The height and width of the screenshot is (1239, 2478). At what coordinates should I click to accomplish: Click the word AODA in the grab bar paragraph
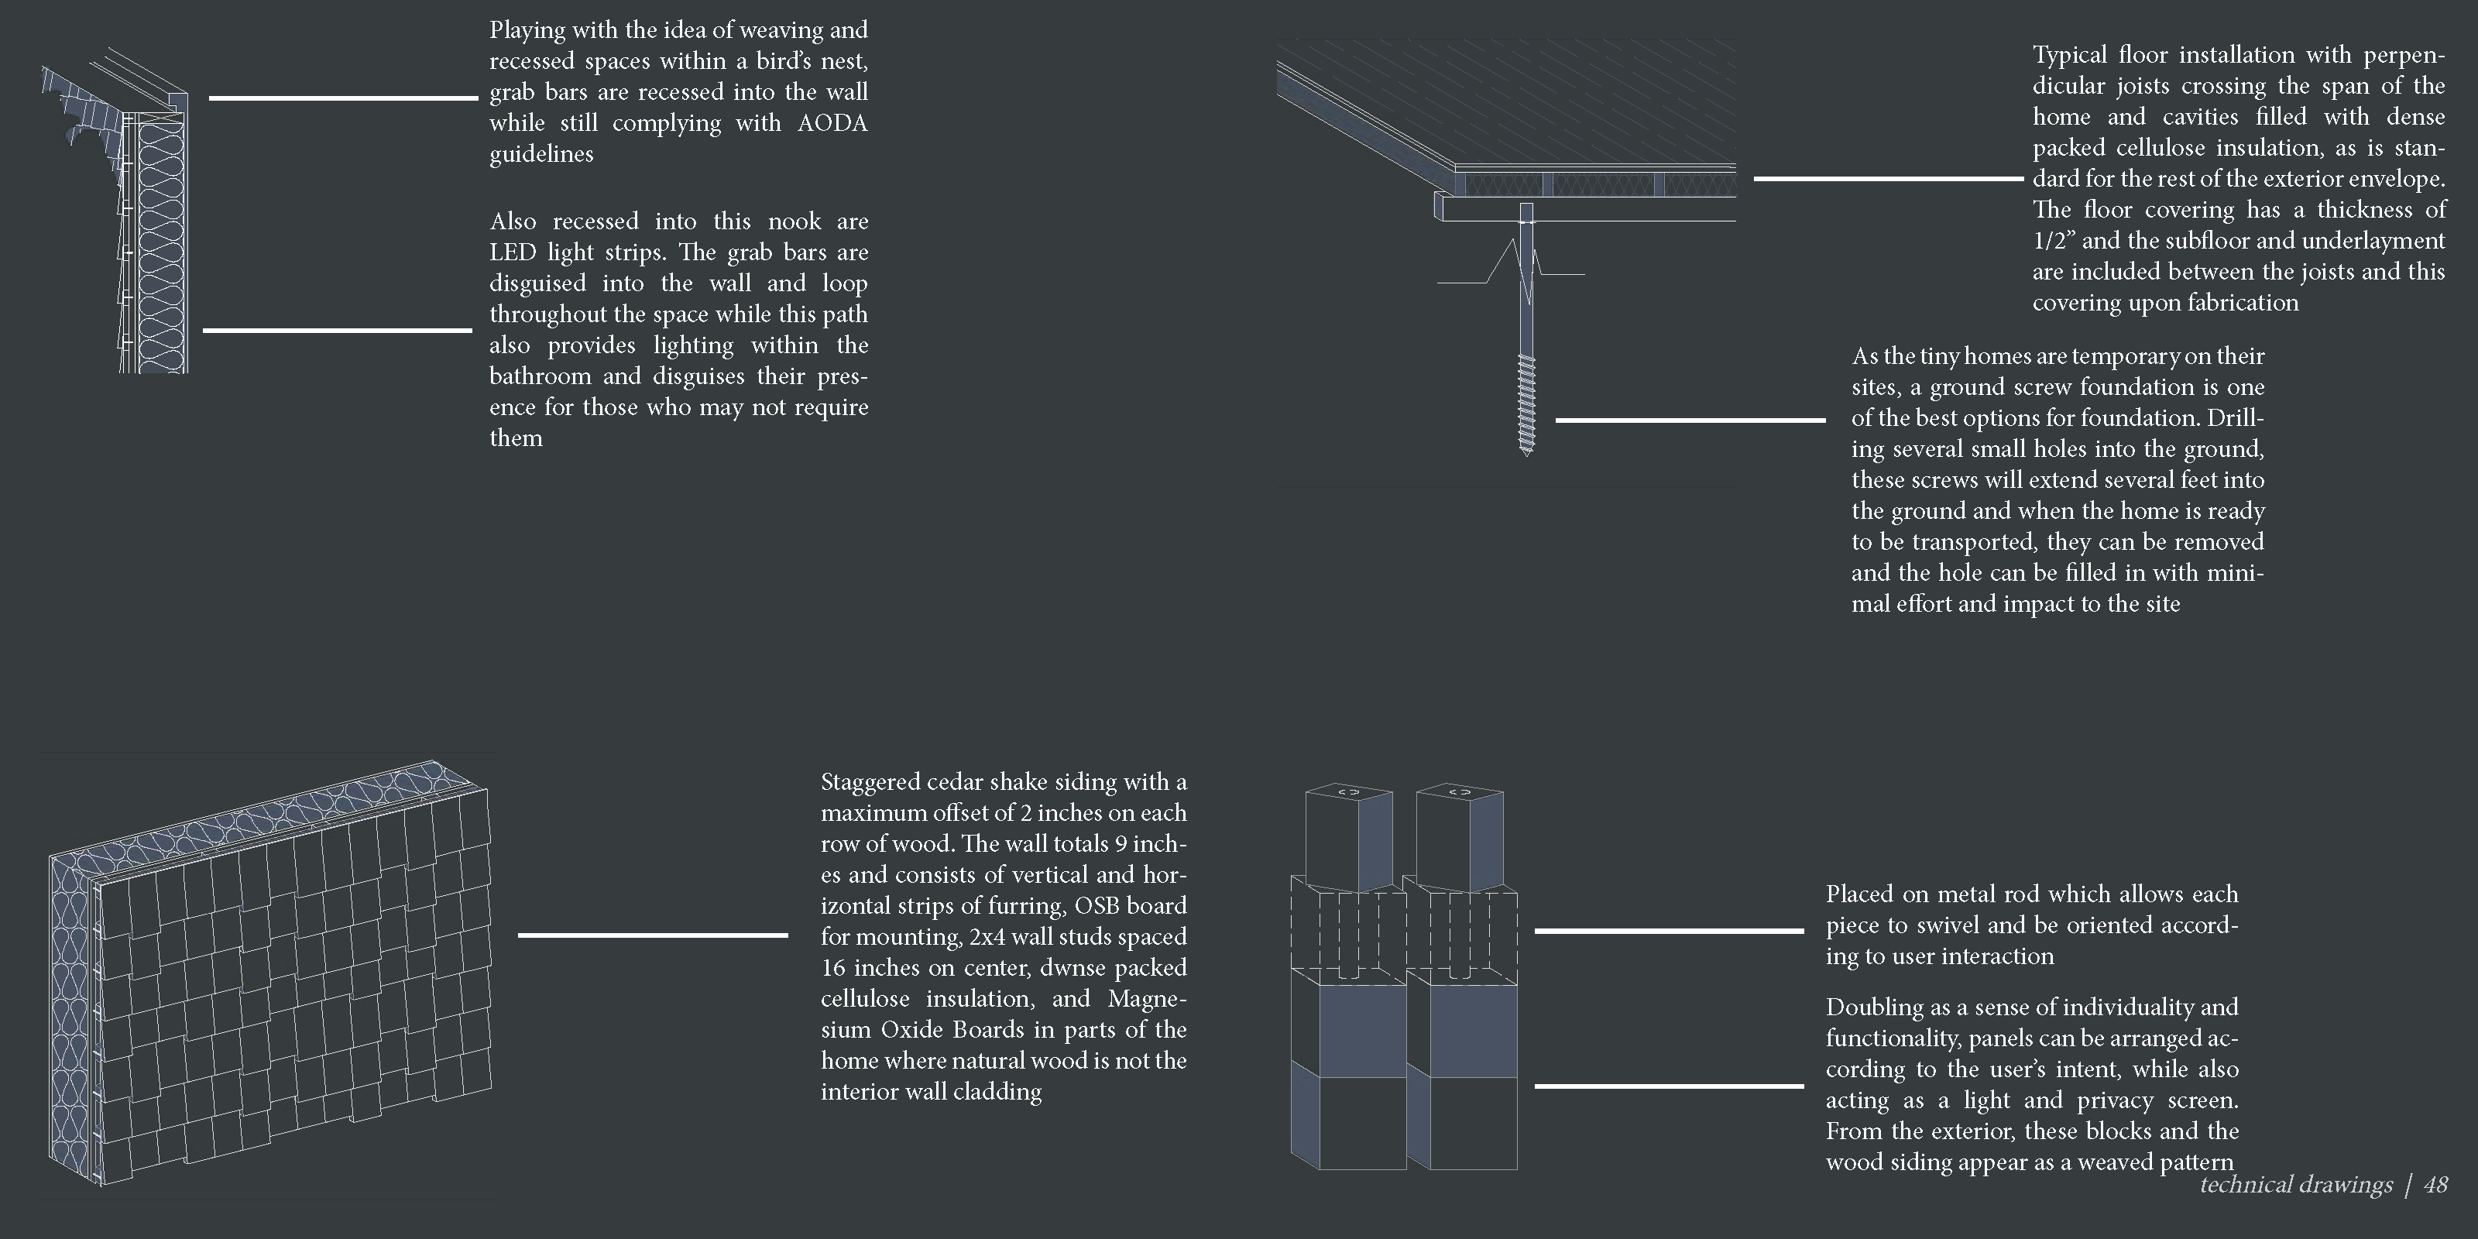(x=832, y=123)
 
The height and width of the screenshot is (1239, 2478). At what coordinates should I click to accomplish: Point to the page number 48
(x=2435, y=1185)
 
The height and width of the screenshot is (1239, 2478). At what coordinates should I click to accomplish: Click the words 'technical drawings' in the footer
(x=2295, y=1185)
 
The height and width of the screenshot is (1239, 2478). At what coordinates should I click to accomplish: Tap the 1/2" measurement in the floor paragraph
(x=2054, y=241)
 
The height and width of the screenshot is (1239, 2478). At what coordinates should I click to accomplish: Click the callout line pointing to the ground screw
(x=1690, y=420)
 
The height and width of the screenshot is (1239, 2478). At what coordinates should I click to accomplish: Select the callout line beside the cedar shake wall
(x=652, y=935)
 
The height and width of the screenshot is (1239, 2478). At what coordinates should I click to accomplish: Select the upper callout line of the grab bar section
(x=342, y=98)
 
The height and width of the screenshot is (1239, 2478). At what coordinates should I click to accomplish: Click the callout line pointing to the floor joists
(x=1889, y=179)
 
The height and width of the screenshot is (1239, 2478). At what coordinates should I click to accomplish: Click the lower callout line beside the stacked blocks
(x=1668, y=1086)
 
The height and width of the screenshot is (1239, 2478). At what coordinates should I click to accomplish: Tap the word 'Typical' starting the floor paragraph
(x=2068, y=55)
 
